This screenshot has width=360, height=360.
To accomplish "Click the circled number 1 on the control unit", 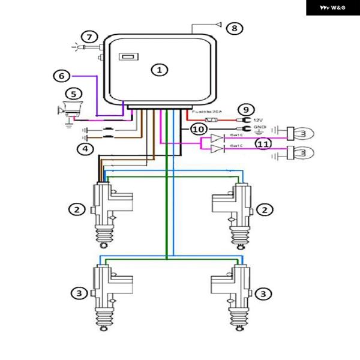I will (160, 70).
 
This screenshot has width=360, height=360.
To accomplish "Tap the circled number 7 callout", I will (89, 38).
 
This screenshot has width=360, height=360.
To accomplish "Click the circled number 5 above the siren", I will (73, 94).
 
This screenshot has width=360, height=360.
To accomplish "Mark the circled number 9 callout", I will (245, 110).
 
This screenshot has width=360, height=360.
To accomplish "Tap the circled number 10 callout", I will (199, 128).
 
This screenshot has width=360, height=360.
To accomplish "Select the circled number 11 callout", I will (262, 143).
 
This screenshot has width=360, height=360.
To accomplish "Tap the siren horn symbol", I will (67, 110).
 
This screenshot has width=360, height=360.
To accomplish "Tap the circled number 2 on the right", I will (265, 209).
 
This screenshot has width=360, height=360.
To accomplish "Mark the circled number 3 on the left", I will (77, 293).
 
